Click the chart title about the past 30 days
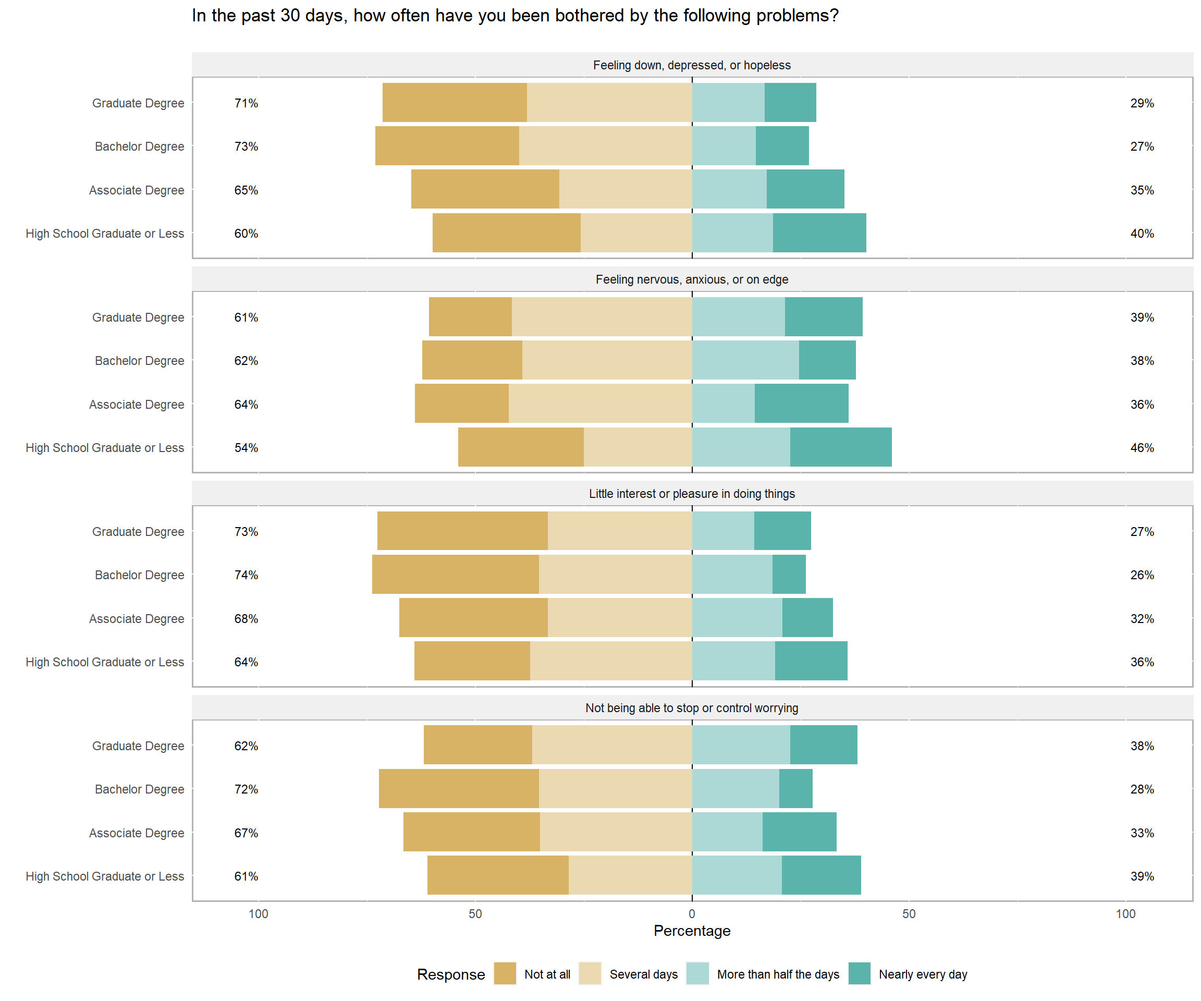click(514, 16)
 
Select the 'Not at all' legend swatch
click(505, 973)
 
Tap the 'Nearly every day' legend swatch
click(859, 973)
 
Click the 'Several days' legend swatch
click(590, 973)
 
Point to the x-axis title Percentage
click(692, 931)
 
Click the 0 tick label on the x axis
click(692, 913)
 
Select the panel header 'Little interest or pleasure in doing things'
click(692, 494)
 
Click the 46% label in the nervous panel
click(1142, 448)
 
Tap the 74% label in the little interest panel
click(246, 575)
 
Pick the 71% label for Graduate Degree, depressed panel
click(246, 103)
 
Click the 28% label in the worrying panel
click(1142, 789)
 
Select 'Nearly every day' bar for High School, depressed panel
click(819, 233)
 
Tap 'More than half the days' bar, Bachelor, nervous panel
click(745, 360)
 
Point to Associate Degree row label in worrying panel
click(137, 833)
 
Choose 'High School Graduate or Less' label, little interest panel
click(105, 662)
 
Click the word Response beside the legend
click(451, 974)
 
